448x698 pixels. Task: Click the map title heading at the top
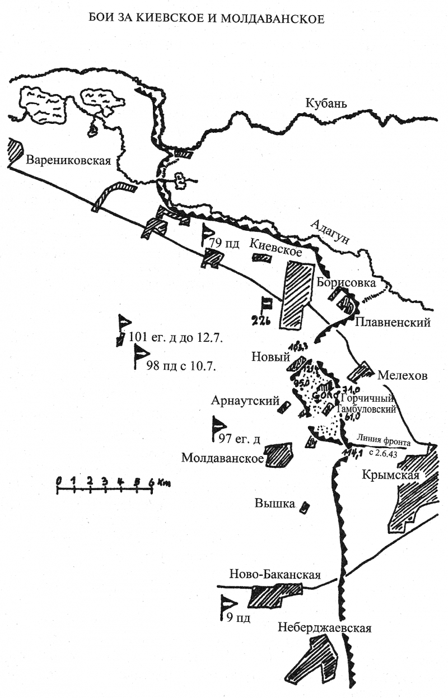(207, 19)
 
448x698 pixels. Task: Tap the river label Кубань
(326, 104)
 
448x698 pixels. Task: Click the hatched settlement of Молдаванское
(279, 455)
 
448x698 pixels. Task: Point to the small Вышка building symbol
(304, 507)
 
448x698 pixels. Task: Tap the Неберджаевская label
(325, 628)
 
